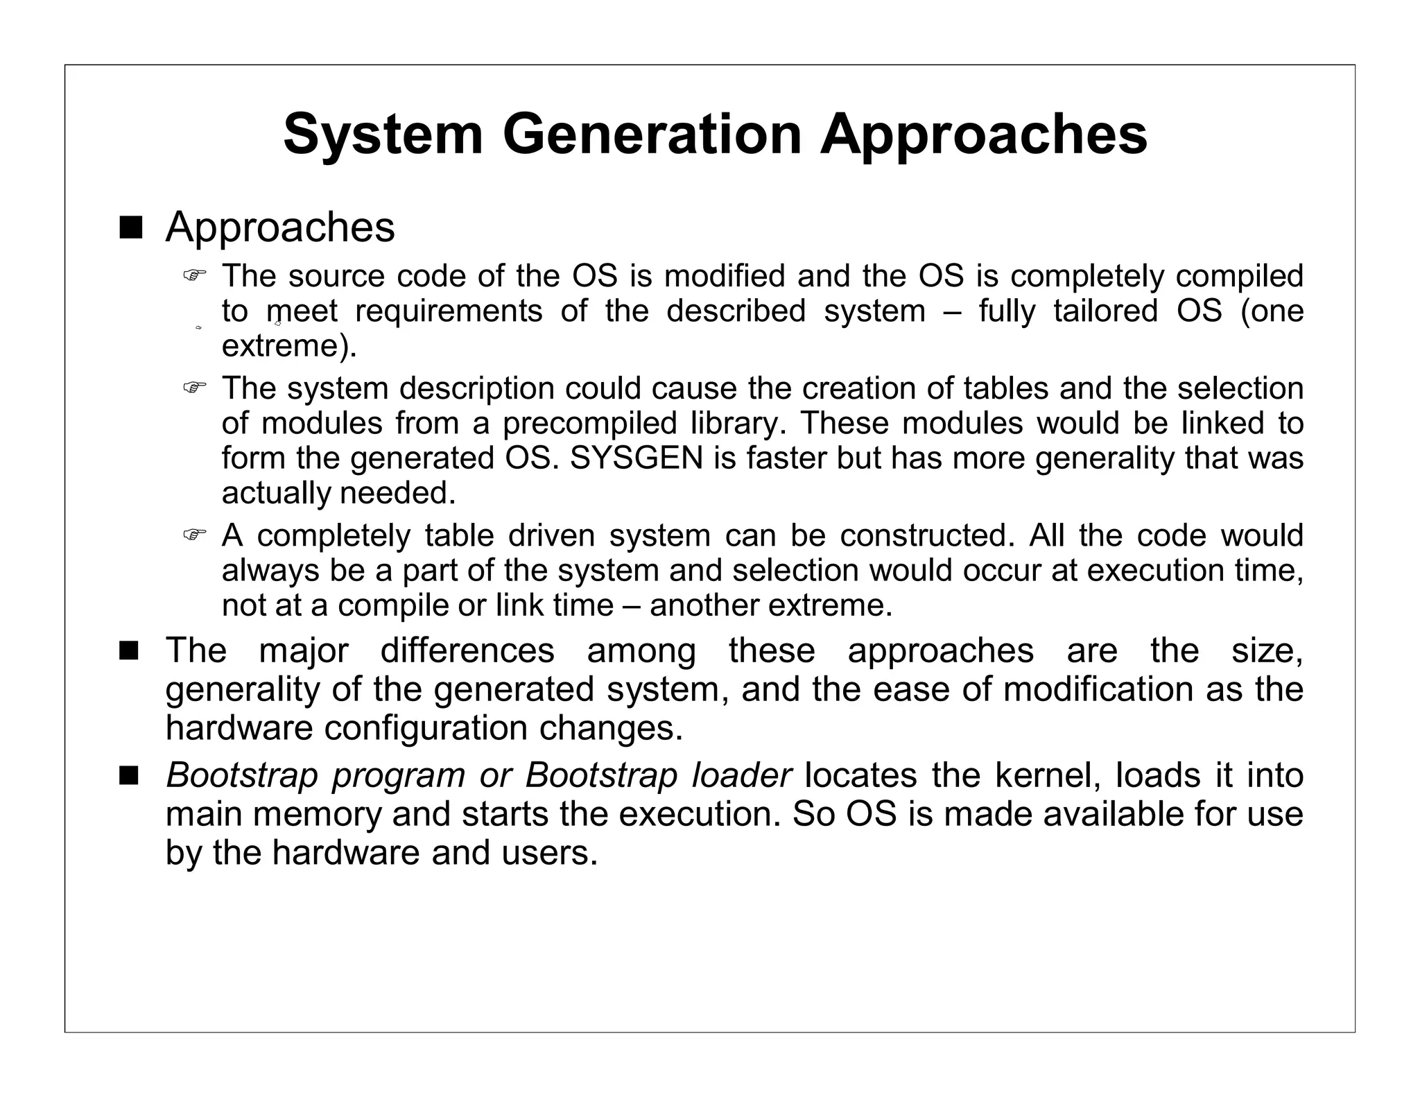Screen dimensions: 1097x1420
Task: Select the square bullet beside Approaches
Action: [x=130, y=227]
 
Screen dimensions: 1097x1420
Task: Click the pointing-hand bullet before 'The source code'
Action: [x=195, y=275]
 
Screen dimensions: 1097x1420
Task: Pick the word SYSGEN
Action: [x=637, y=458]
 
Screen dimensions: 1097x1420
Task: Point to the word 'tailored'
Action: [x=1105, y=311]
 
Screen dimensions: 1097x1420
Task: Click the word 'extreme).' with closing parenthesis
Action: [x=289, y=345]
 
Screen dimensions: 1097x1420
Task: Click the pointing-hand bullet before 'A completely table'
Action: [x=195, y=535]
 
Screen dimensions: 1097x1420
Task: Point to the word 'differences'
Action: [x=467, y=651]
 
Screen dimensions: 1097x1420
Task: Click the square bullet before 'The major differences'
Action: [x=130, y=651]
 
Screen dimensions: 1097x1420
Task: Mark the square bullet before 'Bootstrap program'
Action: [x=130, y=775]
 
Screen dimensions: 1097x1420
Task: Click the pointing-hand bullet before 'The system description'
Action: [x=195, y=388]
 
